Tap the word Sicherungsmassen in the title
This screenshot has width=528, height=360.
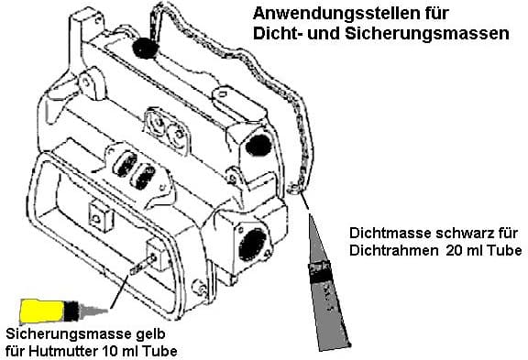427,34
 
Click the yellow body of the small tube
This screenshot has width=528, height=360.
42,311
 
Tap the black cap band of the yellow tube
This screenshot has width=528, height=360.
71,311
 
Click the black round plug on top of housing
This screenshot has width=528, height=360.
145,49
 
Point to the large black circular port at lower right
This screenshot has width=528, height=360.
252,245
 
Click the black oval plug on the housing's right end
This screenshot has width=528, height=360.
258,146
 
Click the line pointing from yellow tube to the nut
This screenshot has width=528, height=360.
119,291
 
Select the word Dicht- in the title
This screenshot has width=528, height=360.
277,34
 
